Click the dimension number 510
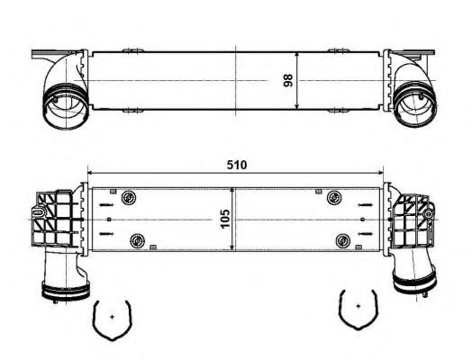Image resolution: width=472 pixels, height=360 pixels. point(235,166)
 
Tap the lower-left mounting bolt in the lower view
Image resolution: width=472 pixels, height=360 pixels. point(138,239)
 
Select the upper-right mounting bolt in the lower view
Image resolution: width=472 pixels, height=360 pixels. point(334,198)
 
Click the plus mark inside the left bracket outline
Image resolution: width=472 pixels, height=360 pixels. point(111,318)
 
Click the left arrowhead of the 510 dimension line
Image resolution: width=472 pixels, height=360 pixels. point(89,173)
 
